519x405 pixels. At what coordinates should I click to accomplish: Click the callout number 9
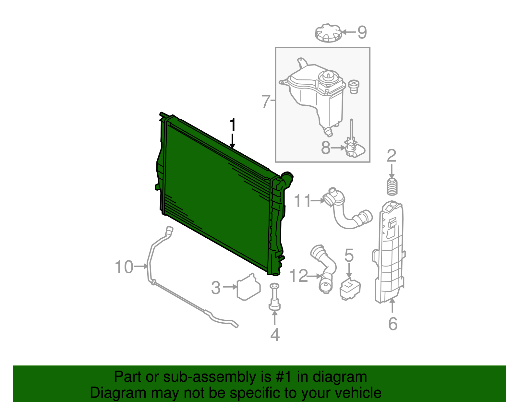tap(362, 32)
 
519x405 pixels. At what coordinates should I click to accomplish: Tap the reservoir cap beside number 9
tap(328, 33)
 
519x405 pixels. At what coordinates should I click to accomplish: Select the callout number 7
tap(266, 101)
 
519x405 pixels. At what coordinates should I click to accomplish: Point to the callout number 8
tap(326, 148)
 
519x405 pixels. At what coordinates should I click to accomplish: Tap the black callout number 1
tap(232, 125)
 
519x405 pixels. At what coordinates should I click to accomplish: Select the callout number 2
tap(392, 156)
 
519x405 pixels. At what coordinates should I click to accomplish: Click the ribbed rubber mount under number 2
tap(392, 187)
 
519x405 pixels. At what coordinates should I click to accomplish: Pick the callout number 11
tap(302, 201)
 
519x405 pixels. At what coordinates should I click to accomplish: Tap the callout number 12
tap(298, 276)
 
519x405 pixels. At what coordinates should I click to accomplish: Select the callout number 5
tap(349, 256)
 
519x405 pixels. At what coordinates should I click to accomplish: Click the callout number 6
tap(393, 324)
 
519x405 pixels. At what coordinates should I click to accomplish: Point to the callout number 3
tap(216, 288)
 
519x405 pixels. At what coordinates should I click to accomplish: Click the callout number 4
tap(275, 335)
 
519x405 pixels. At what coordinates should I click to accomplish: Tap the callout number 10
tap(124, 267)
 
